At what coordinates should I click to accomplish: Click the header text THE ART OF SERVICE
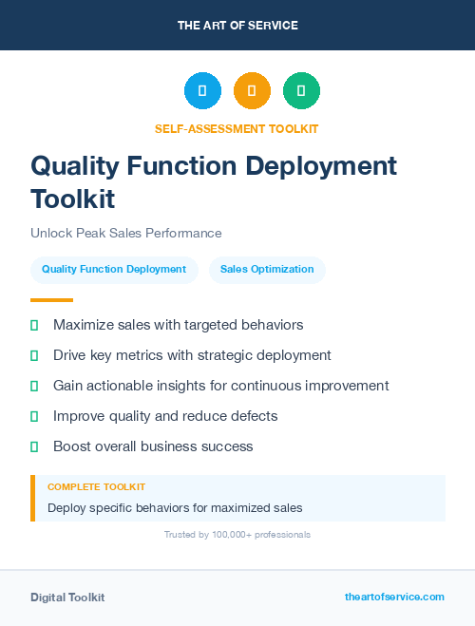click(x=237, y=26)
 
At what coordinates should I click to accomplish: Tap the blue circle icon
click(x=202, y=91)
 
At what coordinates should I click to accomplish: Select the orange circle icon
click(x=252, y=91)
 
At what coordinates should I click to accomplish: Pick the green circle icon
click(x=301, y=91)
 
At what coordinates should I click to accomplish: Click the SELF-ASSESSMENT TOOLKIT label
click(x=237, y=128)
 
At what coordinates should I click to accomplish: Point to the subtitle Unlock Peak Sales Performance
click(x=125, y=233)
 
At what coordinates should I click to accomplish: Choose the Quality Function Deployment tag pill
click(x=114, y=270)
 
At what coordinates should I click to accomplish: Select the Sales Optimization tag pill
click(x=267, y=270)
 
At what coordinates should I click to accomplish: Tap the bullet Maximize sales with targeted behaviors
click(x=178, y=325)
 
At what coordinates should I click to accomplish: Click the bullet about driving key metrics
click(x=192, y=355)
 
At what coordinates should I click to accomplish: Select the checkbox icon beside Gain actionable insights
click(x=34, y=387)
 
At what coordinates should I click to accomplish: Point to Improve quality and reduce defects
click(x=165, y=416)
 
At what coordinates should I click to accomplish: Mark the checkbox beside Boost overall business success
click(x=34, y=446)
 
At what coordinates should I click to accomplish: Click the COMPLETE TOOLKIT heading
click(x=96, y=486)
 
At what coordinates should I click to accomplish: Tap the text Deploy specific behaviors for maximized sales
click(x=175, y=507)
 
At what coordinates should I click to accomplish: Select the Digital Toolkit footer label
click(x=67, y=598)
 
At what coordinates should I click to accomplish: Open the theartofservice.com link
click(x=394, y=597)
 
